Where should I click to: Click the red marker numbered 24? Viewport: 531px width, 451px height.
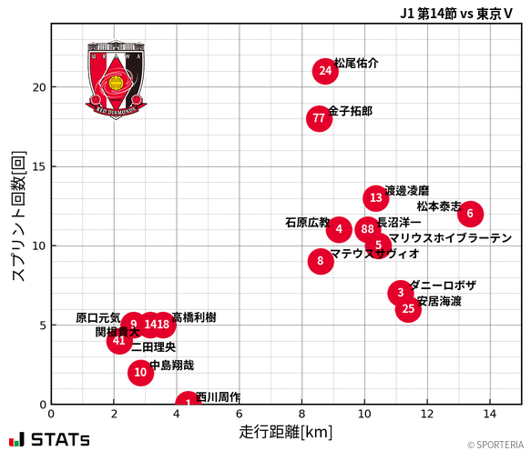[x=325, y=71]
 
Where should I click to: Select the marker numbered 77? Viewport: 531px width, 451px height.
[x=319, y=118]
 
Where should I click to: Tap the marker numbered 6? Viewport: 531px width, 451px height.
[x=470, y=214]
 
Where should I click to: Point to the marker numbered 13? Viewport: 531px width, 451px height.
[x=376, y=198]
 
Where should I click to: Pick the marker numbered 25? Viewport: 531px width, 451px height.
[x=409, y=309]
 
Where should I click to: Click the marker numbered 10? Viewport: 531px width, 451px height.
[x=139, y=372]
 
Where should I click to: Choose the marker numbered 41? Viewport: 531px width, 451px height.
[x=119, y=341]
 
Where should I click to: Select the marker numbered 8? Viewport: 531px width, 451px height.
[x=320, y=261]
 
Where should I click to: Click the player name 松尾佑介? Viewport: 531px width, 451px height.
[x=356, y=64]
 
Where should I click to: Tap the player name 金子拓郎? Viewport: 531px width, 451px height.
[x=350, y=111]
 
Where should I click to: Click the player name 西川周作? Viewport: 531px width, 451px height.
[x=219, y=397]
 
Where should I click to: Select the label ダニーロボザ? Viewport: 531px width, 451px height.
[x=443, y=286]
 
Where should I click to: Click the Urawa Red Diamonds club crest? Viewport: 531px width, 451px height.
[x=116, y=79]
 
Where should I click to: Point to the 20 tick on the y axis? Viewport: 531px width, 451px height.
[x=38, y=87]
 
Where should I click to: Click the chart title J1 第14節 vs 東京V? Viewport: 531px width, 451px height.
[x=456, y=13]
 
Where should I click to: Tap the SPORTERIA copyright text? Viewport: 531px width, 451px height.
[x=497, y=445]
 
